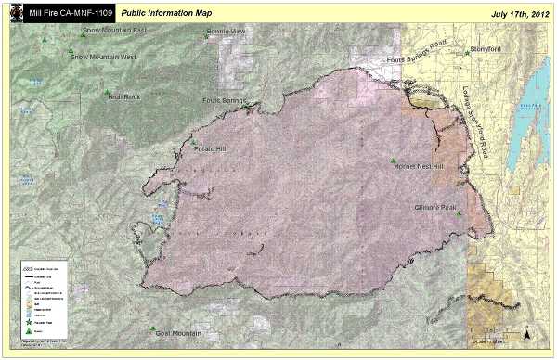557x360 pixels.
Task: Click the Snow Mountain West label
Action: (104, 57)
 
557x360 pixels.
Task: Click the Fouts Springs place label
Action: (224, 100)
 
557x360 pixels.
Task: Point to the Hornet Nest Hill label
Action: (420, 167)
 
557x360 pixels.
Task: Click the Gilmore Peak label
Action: (436, 208)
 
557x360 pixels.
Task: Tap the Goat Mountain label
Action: (179, 332)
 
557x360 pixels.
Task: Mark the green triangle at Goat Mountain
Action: (152, 328)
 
